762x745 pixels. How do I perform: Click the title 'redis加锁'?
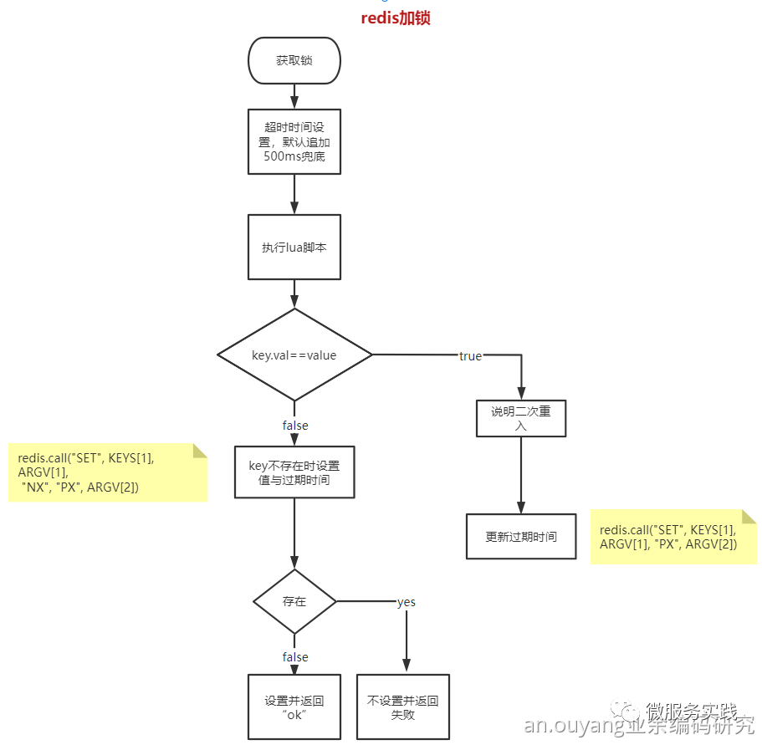[395, 18]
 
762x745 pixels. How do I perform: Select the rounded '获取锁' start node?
[294, 61]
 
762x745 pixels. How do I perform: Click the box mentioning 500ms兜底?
[294, 141]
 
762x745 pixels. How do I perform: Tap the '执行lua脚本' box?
[294, 247]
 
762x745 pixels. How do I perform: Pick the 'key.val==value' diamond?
[294, 355]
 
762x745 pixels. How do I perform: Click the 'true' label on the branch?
[470, 356]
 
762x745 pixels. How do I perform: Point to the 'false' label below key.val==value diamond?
[294, 426]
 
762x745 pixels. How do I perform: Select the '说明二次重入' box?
[521, 418]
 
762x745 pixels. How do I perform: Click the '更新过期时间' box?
[521, 537]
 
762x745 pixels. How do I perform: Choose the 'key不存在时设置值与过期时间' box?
[294, 472]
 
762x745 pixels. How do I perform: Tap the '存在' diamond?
[294, 601]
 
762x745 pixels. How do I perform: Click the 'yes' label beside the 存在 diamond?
[406, 602]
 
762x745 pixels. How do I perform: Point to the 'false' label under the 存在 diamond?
[294, 657]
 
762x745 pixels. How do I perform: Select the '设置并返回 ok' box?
[294, 707]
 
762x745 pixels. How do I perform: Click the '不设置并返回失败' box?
[403, 707]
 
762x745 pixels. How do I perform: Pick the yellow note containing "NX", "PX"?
[107, 472]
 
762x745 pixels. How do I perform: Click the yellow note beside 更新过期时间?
[673, 537]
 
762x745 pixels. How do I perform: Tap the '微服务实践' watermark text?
[692, 712]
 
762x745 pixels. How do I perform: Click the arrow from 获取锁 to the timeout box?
[294, 96]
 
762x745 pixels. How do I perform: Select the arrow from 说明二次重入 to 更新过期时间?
[521, 475]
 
